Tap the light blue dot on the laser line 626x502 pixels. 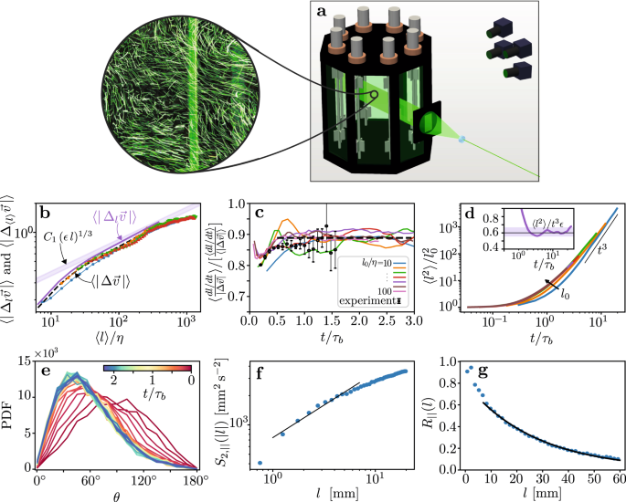(462, 139)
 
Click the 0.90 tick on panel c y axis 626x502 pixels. (232, 232)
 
